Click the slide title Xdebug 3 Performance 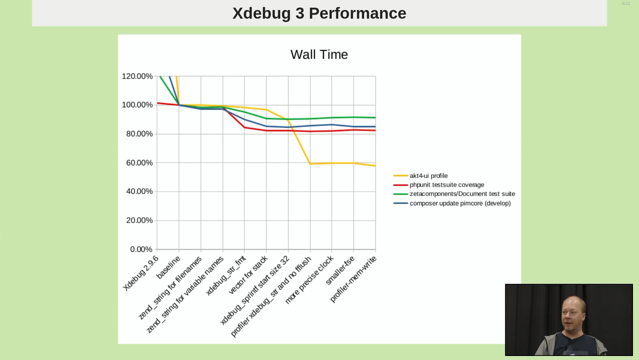point(319,13)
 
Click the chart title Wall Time point(319,54)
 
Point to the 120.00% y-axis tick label point(137,76)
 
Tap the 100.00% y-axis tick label point(137,105)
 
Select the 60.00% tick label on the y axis point(139,163)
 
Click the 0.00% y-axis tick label point(141,249)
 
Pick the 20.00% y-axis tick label point(139,220)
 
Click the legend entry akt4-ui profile point(428,176)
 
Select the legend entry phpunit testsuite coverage point(447,185)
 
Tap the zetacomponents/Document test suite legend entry point(462,194)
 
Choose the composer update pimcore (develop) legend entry point(460,203)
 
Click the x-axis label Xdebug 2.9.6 point(141,273)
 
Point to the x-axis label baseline point(168,267)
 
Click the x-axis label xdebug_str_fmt point(226,275)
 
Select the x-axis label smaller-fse point(340,270)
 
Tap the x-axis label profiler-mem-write point(353,279)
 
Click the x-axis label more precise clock point(309,280)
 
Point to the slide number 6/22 point(626,4)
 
